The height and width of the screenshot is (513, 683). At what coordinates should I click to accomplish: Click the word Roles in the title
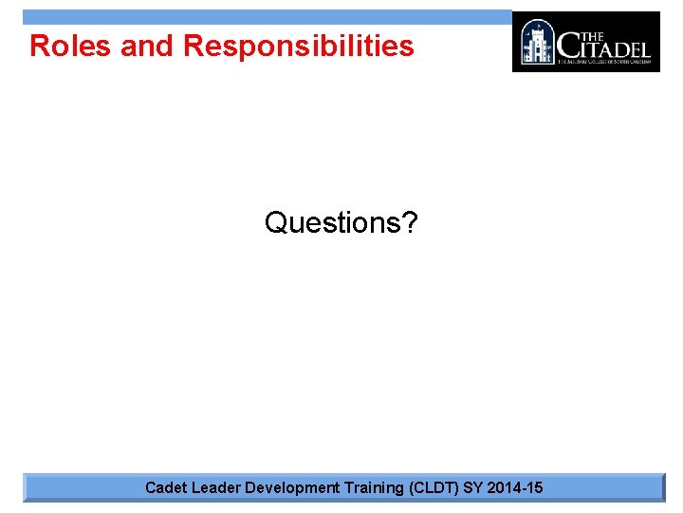(71, 46)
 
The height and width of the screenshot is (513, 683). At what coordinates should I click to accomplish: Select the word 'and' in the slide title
(148, 46)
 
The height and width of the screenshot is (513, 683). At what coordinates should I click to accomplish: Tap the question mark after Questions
(410, 223)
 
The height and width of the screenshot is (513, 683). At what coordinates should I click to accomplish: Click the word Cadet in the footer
(166, 488)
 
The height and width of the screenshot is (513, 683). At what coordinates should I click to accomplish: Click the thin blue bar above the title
(266, 17)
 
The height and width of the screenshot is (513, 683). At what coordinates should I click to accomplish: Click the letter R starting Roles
(40, 46)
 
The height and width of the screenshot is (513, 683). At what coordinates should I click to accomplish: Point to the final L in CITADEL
(645, 47)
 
